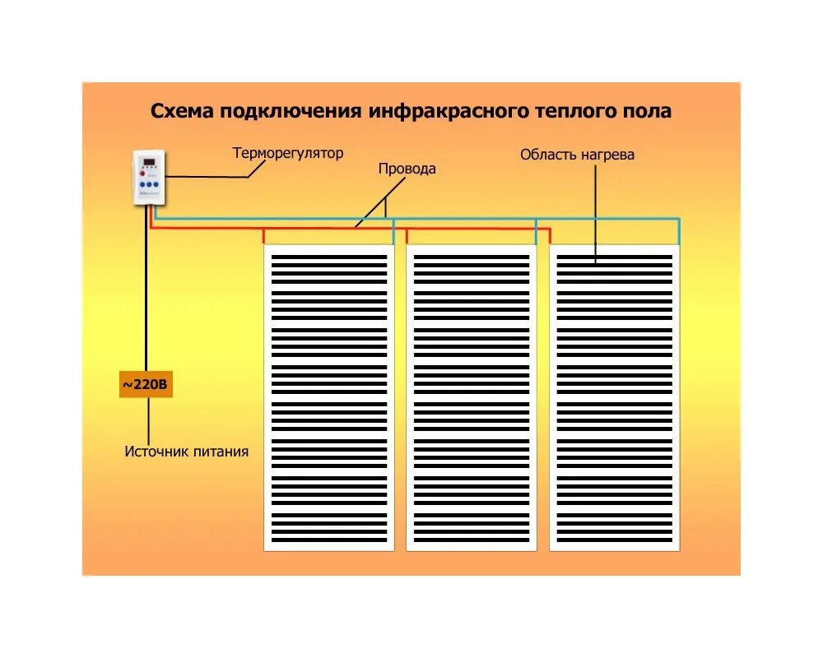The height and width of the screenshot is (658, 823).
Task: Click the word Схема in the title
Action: [x=182, y=111]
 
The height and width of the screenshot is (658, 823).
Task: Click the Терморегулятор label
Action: [x=288, y=153]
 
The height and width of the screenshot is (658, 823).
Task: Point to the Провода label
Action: [x=407, y=169]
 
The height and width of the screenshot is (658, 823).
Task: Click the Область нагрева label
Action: [x=577, y=155]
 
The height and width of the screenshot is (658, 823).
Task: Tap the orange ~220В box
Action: [x=146, y=384]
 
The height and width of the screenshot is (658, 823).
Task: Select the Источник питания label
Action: [x=187, y=452]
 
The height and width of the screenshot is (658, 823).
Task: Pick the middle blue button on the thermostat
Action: [x=151, y=186]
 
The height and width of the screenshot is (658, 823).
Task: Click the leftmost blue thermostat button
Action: [x=142, y=186]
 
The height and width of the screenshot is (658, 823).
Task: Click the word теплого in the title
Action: [x=571, y=111]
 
